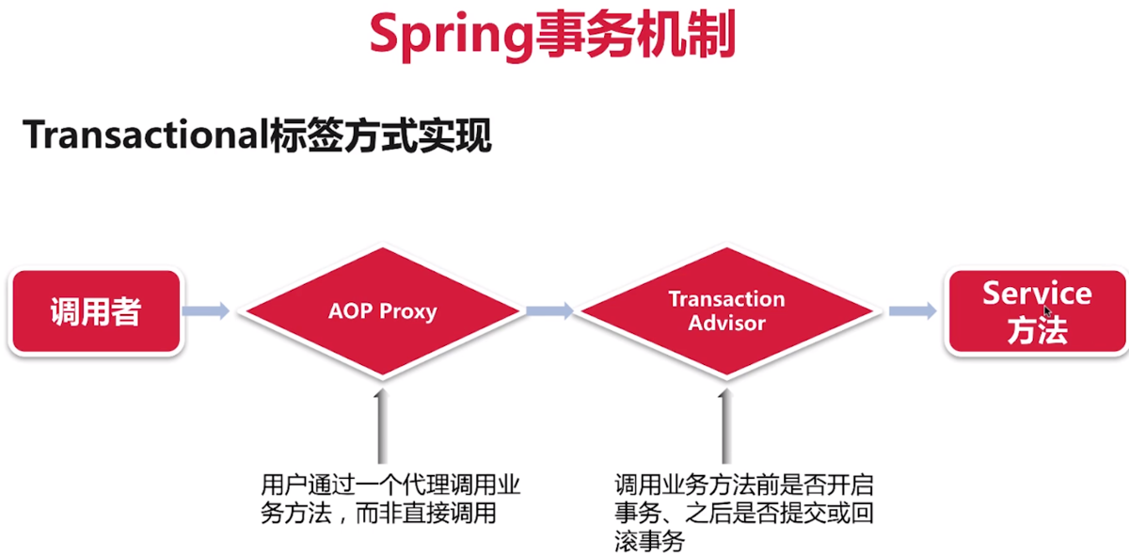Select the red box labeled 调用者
95,311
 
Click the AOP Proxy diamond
382,311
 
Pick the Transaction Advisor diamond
726,310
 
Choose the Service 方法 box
1037,311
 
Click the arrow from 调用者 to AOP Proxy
206,311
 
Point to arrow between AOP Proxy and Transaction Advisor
550,311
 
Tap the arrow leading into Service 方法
912,311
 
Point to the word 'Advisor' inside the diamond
726,323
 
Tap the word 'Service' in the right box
1037,294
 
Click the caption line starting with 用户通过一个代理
390,486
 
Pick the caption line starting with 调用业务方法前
743,486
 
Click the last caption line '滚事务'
649,541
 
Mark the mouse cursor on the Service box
1047,310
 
